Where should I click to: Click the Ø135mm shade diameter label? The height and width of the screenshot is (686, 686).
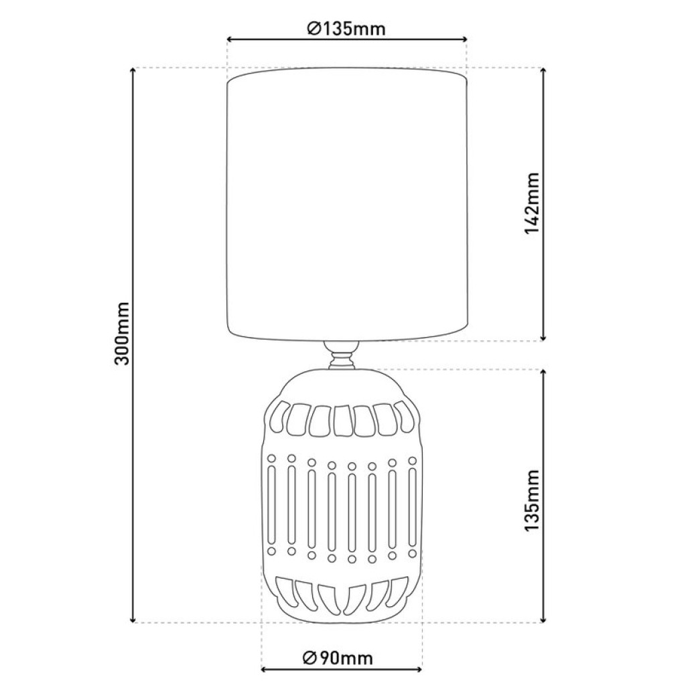(346, 29)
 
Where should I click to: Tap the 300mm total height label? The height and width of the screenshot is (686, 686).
(121, 333)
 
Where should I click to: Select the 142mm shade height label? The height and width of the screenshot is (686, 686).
(532, 204)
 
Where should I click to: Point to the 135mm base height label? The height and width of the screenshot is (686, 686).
(532, 501)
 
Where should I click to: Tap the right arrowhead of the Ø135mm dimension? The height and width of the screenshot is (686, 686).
(464, 40)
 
